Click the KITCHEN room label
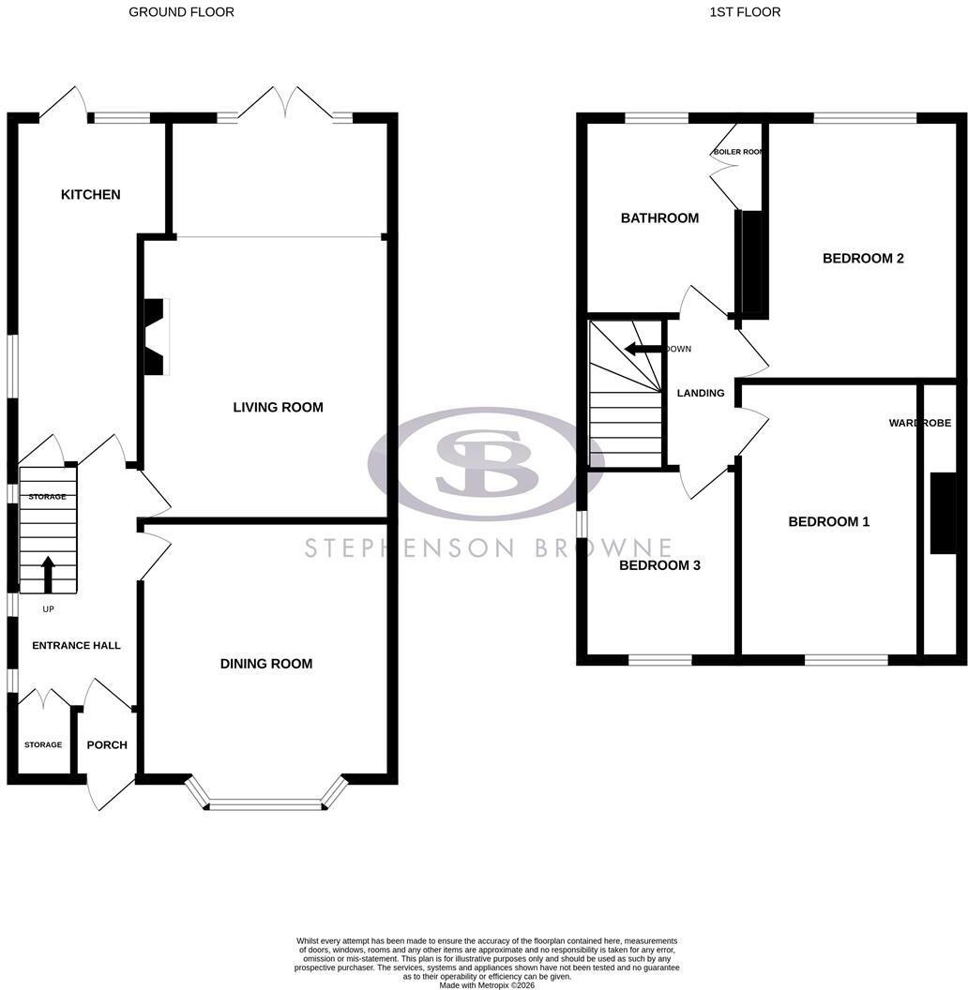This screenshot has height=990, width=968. [x=90, y=194]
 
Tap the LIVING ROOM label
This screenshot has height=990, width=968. [x=278, y=407]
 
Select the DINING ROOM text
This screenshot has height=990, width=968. [x=266, y=664]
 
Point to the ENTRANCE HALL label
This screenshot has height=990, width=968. [x=77, y=645]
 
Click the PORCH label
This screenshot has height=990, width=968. [x=107, y=745]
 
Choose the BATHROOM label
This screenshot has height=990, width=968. [x=659, y=217]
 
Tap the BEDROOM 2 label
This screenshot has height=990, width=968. [x=863, y=258]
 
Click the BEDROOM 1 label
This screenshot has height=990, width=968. [x=829, y=521]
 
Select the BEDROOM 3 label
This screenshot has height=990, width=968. [x=659, y=565]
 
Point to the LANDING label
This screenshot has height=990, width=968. [x=701, y=393]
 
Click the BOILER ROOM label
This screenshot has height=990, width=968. [x=738, y=152]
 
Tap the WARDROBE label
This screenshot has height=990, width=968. [x=920, y=423]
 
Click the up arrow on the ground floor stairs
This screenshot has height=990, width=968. [x=48, y=574]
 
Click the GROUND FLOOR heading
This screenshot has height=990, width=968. [x=181, y=12]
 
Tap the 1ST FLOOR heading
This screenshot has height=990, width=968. [x=745, y=12]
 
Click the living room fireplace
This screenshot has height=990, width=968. [x=157, y=337]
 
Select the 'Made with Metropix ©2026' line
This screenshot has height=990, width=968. [x=487, y=985]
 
